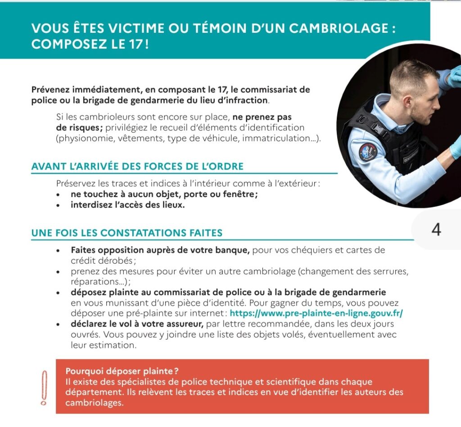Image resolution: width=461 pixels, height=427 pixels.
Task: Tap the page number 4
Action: pyautogui.click(x=436, y=229)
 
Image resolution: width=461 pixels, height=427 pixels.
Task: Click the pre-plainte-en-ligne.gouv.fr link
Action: pyautogui.click(x=316, y=313)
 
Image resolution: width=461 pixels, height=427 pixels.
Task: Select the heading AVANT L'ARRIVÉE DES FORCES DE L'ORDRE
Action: pyautogui.click(x=137, y=166)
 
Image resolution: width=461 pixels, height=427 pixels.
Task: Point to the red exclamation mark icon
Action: pyautogui.click(x=44, y=387)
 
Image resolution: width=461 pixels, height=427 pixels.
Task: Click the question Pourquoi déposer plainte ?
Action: pyautogui.click(x=122, y=371)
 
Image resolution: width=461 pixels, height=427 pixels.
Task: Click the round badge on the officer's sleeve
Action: pyautogui.click(x=368, y=152)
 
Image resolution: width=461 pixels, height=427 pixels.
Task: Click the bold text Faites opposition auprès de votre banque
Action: pyautogui.click(x=160, y=250)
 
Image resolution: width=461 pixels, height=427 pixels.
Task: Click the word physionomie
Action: pyautogui.click(x=85, y=139)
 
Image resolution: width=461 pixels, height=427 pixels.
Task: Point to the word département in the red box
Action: pyautogui.click(x=94, y=392)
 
